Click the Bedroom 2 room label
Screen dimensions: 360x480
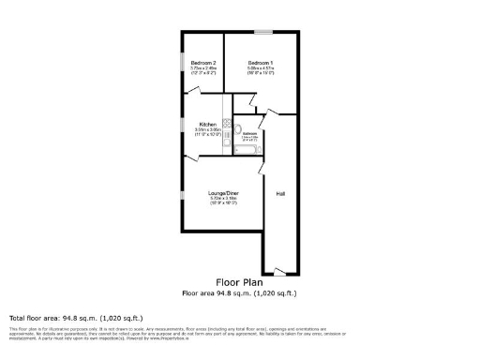coord(202,62)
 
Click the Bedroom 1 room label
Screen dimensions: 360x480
coord(261,62)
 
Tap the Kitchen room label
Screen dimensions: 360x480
coord(207,125)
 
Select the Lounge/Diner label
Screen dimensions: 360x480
coord(224,193)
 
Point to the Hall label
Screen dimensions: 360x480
coord(280,193)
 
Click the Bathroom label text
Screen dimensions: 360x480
coord(250,134)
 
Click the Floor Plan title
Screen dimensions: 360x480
coord(239,281)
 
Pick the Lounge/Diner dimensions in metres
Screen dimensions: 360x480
coord(224,199)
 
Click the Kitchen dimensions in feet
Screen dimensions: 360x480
coord(207,135)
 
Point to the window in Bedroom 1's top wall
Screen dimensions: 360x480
coord(262,33)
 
